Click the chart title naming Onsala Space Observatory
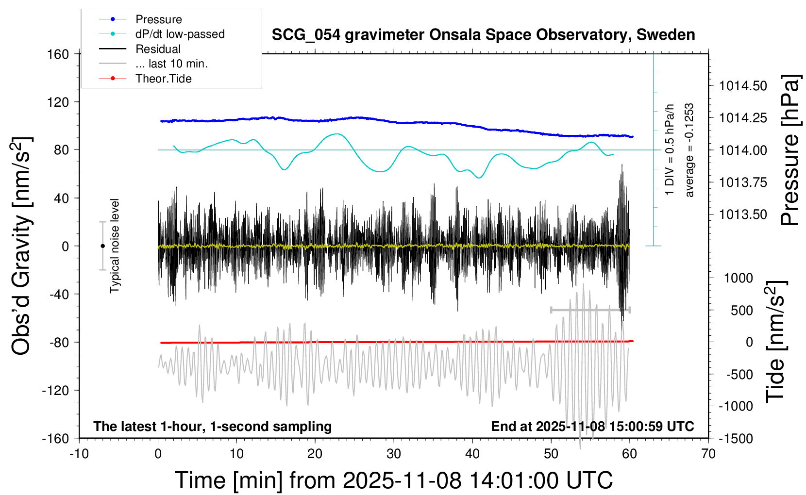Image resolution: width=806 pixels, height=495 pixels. (x=483, y=35)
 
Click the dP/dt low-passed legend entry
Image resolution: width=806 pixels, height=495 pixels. (x=180, y=34)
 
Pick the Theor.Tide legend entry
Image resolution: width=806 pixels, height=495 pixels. (x=163, y=79)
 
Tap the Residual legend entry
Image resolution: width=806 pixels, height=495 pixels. (x=158, y=49)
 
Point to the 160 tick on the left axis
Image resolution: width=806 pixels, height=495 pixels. (x=58, y=54)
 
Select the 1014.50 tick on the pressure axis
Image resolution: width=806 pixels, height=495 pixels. (x=743, y=86)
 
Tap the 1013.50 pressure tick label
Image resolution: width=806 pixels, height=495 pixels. (x=743, y=214)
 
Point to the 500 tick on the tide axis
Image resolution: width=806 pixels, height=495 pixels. (x=741, y=310)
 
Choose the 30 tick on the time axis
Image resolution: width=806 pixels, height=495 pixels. (x=394, y=454)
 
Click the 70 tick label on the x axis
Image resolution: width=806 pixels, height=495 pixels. (x=708, y=454)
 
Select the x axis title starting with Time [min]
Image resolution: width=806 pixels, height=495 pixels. (x=394, y=480)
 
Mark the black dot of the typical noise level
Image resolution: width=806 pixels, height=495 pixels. (x=102, y=246)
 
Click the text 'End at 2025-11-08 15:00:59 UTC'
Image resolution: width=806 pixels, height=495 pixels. (x=592, y=427)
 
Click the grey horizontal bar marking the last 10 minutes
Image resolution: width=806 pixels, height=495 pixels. (x=590, y=310)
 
